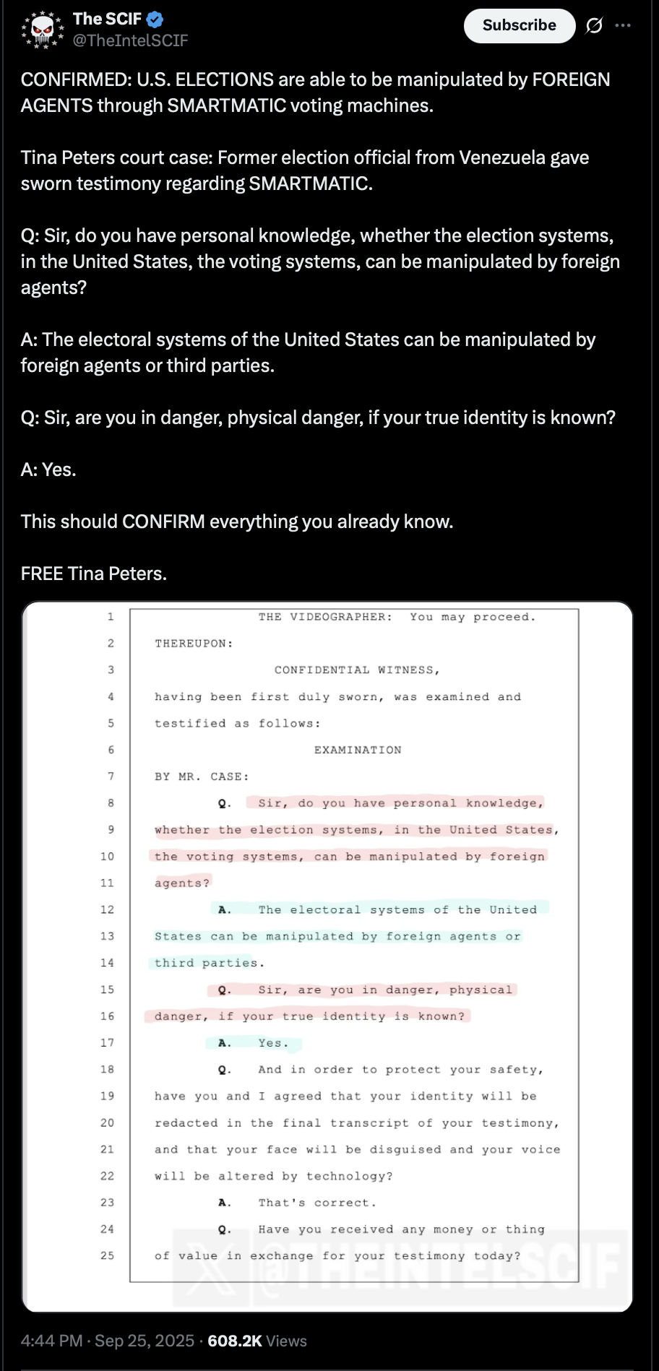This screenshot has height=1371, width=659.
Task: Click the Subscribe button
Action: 519,26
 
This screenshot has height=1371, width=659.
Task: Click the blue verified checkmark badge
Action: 155,20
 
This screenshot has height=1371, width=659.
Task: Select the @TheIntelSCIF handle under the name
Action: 130,41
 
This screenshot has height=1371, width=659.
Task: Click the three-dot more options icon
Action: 623,26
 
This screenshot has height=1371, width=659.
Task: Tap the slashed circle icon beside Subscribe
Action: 594,26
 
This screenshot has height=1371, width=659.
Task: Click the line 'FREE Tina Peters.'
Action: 94,574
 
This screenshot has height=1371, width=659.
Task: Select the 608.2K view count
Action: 235,1341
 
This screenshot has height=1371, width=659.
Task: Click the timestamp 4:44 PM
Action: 51,1341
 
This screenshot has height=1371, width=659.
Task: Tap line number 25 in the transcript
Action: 107,1255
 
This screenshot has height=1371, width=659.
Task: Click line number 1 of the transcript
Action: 111,617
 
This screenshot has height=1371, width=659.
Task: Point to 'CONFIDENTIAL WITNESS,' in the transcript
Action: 357,670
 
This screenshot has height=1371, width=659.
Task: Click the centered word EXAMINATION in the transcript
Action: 358,750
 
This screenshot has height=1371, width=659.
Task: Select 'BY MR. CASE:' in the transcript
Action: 202,777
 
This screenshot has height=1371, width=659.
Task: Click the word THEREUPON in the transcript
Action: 194,644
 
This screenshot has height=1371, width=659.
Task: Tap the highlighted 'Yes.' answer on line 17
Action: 273,1043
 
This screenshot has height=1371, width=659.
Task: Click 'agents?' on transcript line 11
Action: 182,883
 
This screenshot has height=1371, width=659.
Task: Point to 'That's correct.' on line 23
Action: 317,1203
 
